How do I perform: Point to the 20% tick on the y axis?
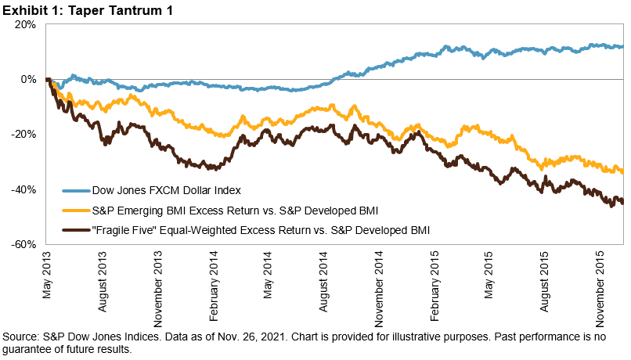tap(26, 24)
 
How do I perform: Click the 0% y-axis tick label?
tap(28, 79)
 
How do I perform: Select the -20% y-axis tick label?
tap(24, 134)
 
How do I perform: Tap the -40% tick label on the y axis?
tap(24, 189)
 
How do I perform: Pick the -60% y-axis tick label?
tap(24, 244)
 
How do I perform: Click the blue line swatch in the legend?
tap(76, 189)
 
